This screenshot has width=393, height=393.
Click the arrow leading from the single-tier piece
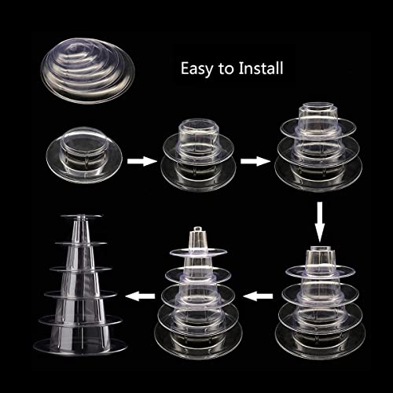tap(140, 160)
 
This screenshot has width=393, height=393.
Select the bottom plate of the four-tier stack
tap(320, 334)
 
